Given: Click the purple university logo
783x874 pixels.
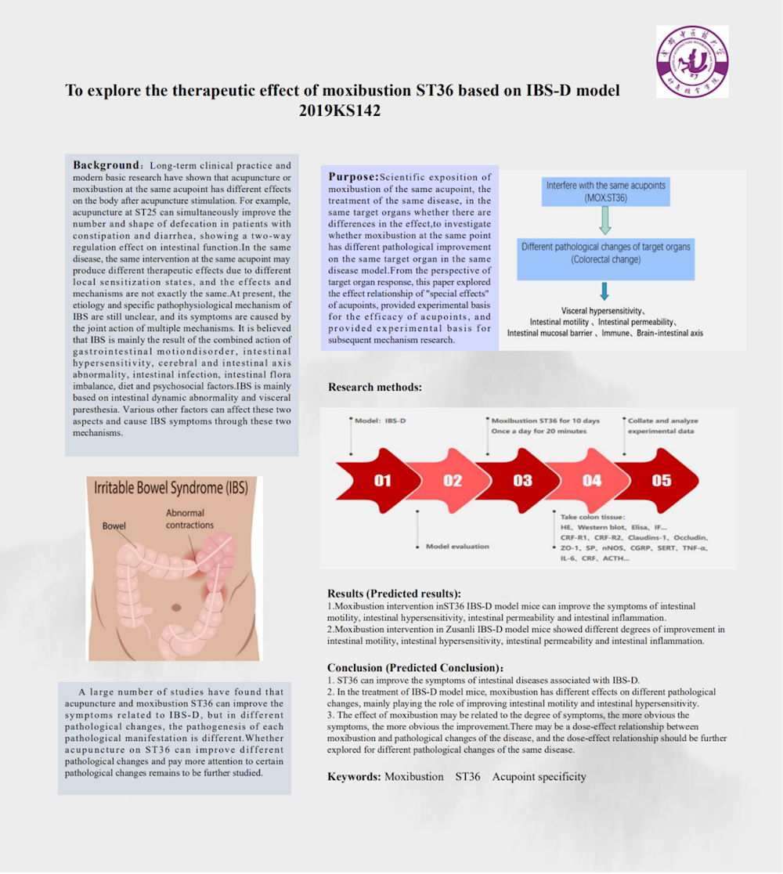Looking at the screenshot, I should coord(691,62).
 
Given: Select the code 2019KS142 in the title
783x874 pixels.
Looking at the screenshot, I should coord(340,111).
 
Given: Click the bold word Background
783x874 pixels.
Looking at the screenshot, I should coord(106,165).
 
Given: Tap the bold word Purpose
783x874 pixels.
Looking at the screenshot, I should coord(352,177).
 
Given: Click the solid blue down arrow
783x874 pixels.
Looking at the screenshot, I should coord(604,292).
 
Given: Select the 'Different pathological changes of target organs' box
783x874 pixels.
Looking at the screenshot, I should coord(605,252).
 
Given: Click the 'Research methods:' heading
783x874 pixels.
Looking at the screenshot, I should coord(375,388).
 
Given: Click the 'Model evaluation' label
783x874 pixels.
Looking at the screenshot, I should coord(457,546).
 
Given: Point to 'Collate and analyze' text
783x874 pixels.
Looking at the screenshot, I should coord(662,421).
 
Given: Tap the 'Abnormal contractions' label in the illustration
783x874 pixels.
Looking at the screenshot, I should coord(189,519).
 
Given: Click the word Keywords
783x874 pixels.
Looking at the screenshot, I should coord(354,777).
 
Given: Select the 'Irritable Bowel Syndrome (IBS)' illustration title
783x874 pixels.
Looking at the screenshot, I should coord(171,488).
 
